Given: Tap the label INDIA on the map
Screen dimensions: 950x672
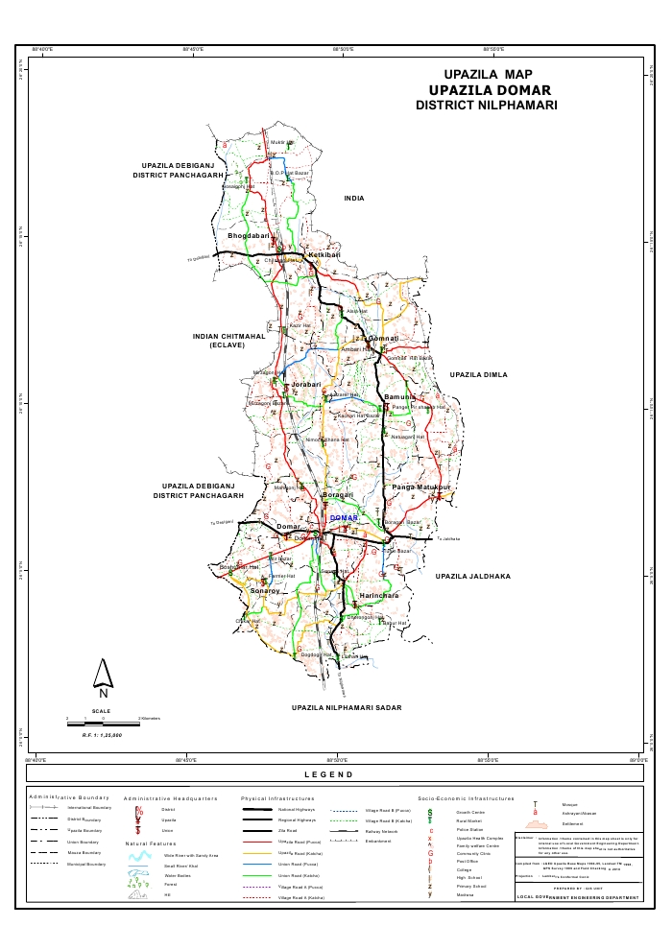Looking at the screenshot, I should [x=354, y=198].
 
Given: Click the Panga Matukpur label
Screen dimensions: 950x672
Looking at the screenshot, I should [x=420, y=488].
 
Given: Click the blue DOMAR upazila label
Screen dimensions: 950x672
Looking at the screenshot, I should [x=343, y=518].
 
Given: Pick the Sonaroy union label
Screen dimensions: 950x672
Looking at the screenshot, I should [x=264, y=591].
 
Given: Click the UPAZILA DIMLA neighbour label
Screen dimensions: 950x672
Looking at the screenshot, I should [x=478, y=374].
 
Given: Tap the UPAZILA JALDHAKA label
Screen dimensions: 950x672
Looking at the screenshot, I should [x=471, y=576].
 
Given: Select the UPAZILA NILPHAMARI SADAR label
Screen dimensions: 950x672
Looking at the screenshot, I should [x=347, y=707].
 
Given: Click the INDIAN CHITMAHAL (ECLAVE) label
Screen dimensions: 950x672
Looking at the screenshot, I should [x=228, y=341].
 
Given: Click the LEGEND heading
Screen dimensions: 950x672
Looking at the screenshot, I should [x=329, y=774].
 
